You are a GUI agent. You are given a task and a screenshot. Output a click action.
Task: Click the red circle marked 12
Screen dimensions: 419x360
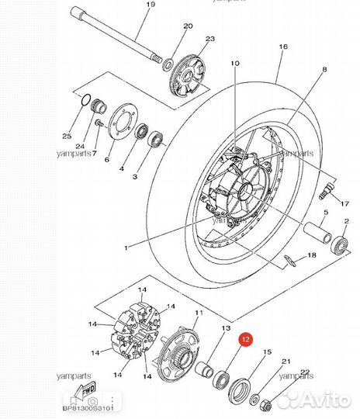point(244,339)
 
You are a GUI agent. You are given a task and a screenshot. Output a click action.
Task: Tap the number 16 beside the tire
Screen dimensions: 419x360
point(282,47)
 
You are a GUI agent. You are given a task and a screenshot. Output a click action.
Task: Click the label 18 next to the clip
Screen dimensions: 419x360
point(311,255)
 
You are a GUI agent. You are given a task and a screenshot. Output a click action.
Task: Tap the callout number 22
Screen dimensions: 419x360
point(305,372)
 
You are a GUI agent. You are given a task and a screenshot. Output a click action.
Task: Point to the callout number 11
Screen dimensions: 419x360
point(199,313)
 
